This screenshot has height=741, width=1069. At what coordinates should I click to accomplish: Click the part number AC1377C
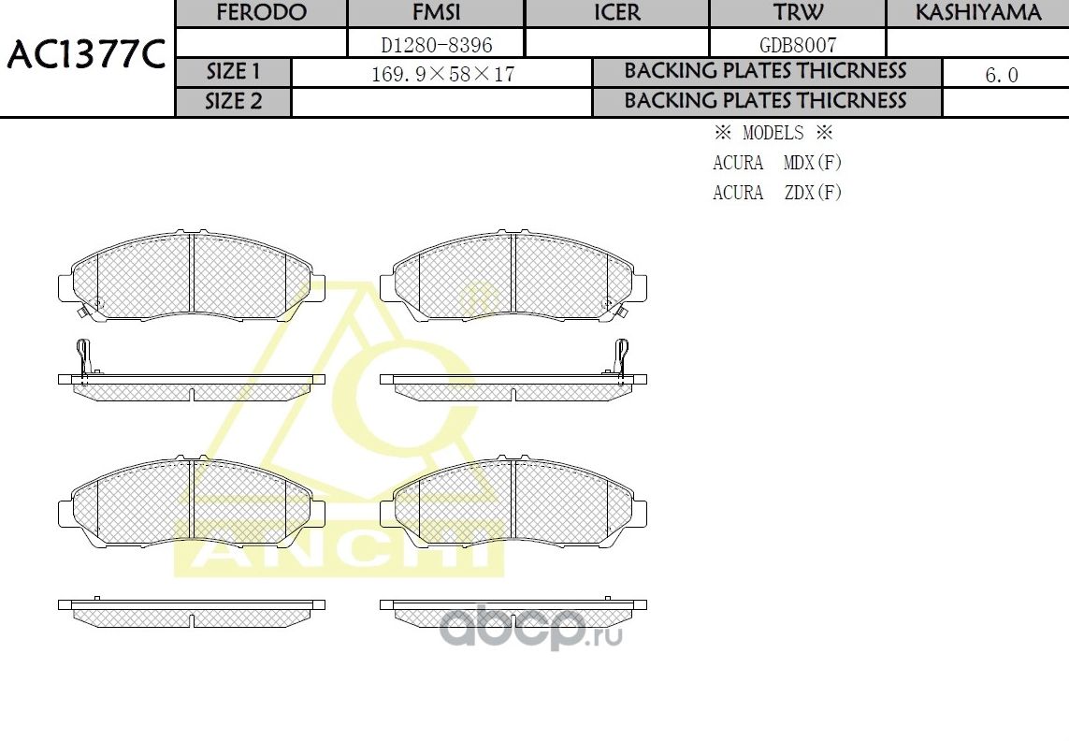click(86, 56)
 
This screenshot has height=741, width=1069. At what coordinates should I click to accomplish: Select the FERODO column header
click(261, 13)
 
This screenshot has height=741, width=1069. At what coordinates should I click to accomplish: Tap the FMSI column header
click(436, 13)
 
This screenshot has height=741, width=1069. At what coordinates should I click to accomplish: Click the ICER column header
click(617, 13)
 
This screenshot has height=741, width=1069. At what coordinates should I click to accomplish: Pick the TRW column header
click(798, 13)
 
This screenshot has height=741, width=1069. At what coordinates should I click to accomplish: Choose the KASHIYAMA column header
click(977, 13)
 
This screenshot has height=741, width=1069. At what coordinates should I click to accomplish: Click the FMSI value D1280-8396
click(436, 44)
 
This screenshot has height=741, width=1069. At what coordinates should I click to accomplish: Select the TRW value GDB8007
click(798, 44)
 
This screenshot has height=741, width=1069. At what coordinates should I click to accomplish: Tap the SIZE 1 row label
click(234, 72)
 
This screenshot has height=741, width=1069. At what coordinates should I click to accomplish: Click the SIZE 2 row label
click(234, 102)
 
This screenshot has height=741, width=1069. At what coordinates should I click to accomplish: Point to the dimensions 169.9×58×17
click(442, 74)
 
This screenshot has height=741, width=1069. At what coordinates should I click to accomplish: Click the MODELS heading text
click(773, 133)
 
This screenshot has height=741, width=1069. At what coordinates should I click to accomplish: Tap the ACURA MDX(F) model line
click(777, 163)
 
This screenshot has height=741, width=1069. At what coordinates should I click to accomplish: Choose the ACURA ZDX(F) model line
click(777, 193)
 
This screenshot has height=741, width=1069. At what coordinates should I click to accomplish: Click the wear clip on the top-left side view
click(82, 358)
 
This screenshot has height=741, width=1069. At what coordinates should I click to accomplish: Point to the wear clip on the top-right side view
click(620, 358)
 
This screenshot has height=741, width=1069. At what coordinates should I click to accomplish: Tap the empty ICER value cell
click(617, 43)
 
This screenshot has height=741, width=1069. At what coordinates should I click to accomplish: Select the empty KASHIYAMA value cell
click(977, 43)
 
